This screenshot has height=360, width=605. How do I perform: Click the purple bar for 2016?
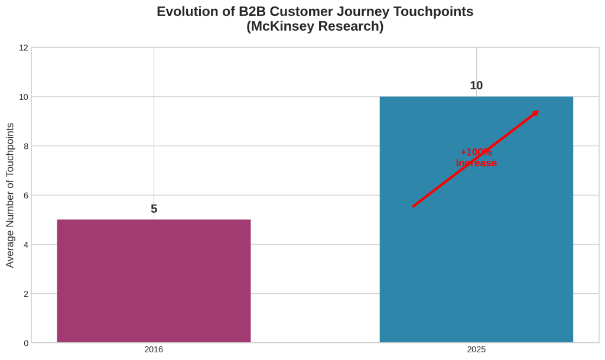coord(154,281)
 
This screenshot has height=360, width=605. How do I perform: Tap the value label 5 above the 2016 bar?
coord(154,209)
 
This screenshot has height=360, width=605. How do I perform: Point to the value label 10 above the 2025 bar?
coord(476,85)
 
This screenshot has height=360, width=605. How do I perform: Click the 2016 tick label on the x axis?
coord(154,349)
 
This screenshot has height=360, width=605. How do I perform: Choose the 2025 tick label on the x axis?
coord(476,349)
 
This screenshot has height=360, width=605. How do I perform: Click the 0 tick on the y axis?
coord(25,343)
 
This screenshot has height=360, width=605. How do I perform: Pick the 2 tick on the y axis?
coord(25,294)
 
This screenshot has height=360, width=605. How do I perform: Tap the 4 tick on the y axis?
coord(25,244)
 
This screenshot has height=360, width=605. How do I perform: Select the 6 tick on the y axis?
coord(25,195)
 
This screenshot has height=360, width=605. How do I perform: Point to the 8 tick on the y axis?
coord(25,146)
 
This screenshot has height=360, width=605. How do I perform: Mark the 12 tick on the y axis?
coord(24,47)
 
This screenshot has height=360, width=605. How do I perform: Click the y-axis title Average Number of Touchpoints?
coord(10,195)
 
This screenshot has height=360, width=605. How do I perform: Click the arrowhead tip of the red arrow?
coord(538,112)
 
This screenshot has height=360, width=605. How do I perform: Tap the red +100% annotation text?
coord(476,152)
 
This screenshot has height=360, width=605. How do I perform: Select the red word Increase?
coord(476,163)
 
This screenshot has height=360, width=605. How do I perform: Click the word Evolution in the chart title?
coord(186,12)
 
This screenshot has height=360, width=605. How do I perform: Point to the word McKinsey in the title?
coord(282,27)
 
